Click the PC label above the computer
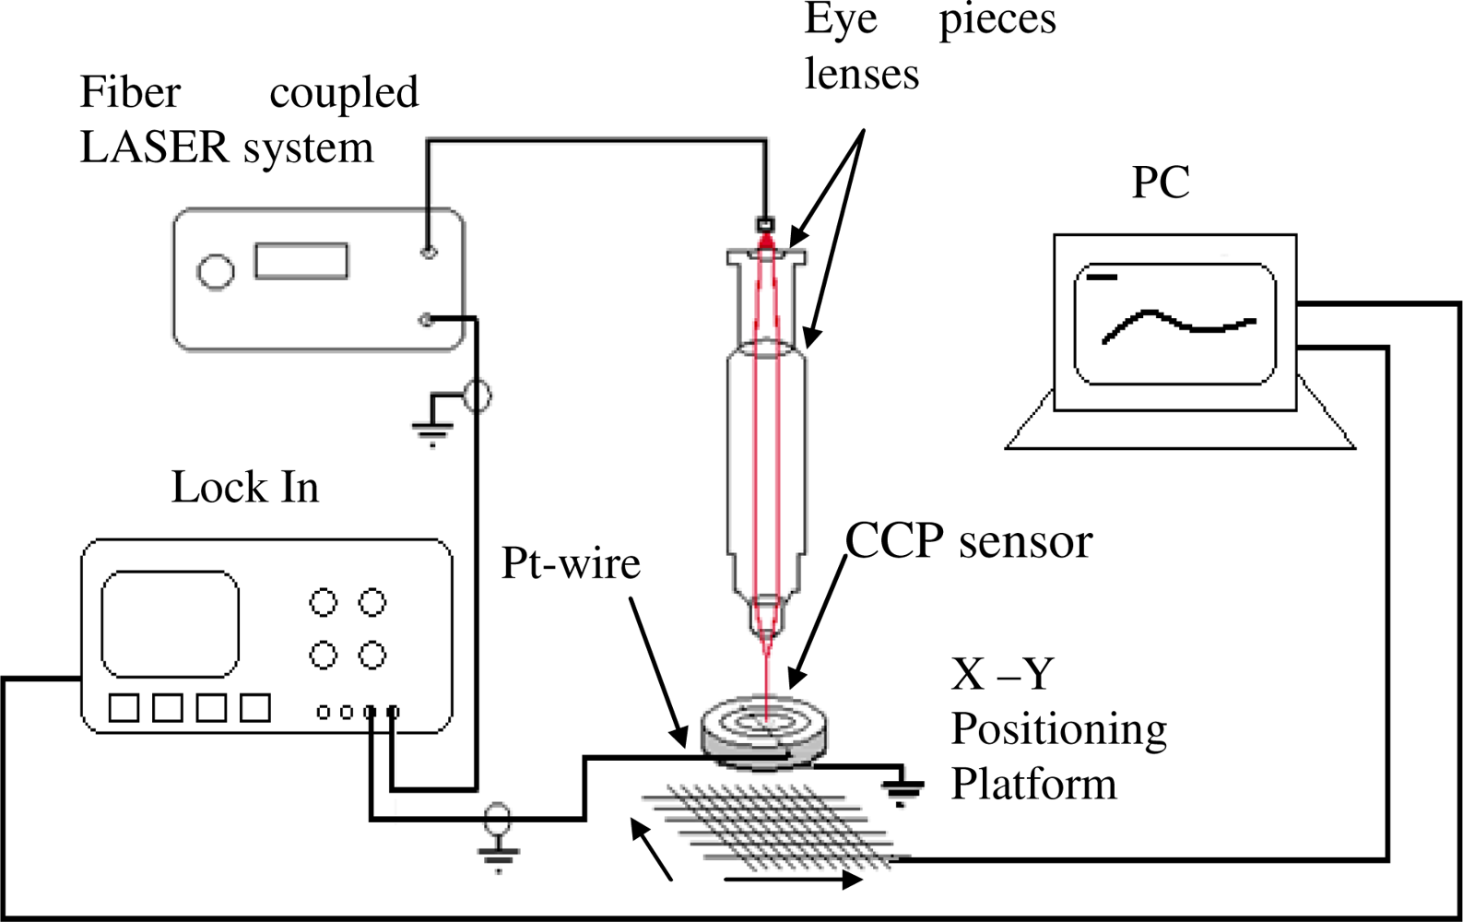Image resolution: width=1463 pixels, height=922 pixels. tap(1161, 183)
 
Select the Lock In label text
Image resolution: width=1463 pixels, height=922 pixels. tap(244, 488)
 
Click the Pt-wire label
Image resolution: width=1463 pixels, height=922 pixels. tap(570, 562)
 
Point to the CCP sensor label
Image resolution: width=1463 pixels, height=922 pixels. tap(968, 541)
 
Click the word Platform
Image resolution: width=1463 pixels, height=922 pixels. tap(1032, 785)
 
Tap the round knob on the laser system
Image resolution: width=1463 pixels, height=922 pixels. tap(216, 272)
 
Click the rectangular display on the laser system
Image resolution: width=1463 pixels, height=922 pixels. tap(301, 261)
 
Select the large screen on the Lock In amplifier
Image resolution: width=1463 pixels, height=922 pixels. tap(170, 624)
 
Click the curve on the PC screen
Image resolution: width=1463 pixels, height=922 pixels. tap(1177, 323)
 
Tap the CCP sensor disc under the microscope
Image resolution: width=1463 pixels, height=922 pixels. tap(763, 728)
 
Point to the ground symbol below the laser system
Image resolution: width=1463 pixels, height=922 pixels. tap(432, 427)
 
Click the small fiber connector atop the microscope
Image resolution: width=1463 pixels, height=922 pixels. tap(765, 224)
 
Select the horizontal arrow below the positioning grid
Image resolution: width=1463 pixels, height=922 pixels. tap(793, 881)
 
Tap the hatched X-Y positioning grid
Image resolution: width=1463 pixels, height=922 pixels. tap(774, 821)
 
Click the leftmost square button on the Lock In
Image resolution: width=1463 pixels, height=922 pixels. tap(124, 708)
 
